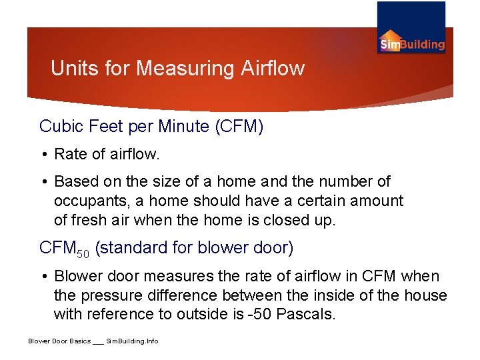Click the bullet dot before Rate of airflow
(x=45, y=155)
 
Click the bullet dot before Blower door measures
(x=45, y=277)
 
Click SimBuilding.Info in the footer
(x=133, y=341)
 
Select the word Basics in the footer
(x=78, y=341)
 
